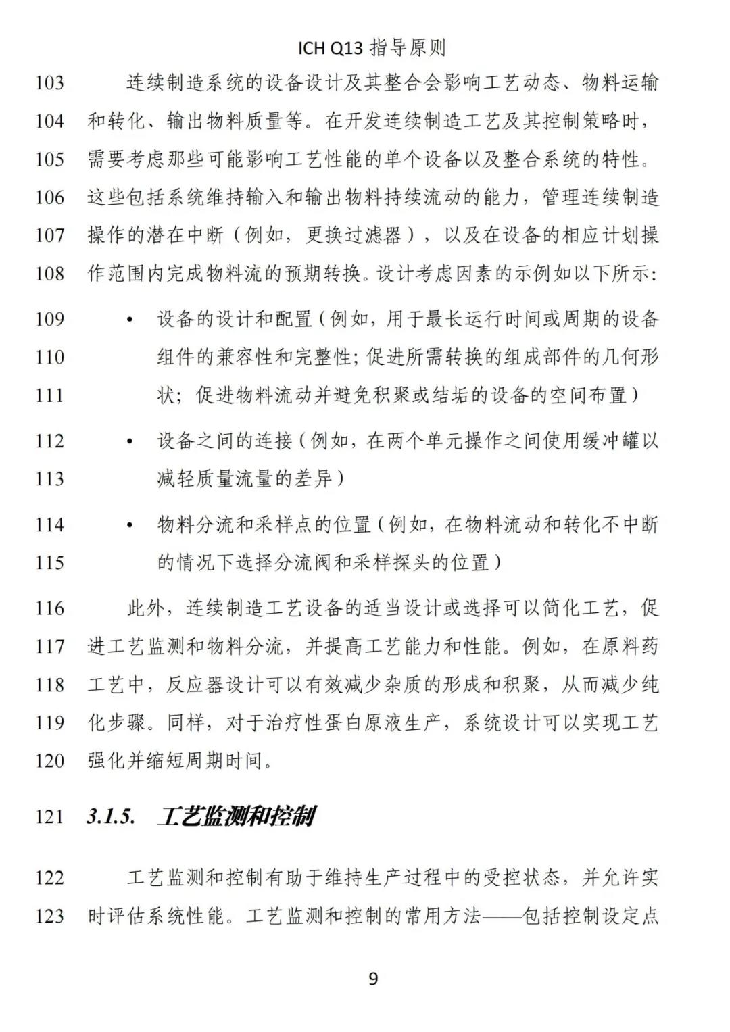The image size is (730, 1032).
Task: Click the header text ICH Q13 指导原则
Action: pyautogui.click(x=372, y=48)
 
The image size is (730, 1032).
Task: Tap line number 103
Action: pyautogui.click(x=49, y=83)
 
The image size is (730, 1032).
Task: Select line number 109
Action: pyautogui.click(x=49, y=319)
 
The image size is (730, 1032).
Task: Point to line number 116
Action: pyautogui.click(x=49, y=608)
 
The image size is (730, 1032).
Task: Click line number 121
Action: pyautogui.click(x=49, y=816)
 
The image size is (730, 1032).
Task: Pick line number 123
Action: pyautogui.click(x=49, y=916)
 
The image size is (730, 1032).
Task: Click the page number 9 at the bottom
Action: pyautogui.click(x=372, y=978)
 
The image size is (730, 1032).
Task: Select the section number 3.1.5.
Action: pyautogui.click(x=111, y=816)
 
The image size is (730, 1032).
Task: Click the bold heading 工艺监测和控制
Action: pyautogui.click(x=237, y=816)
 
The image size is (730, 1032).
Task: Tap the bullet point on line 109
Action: pyautogui.click(x=130, y=320)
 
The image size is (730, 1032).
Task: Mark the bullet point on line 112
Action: pyautogui.click(x=130, y=441)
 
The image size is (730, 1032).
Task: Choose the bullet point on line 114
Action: pyautogui.click(x=130, y=525)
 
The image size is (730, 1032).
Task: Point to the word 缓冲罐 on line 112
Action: pyautogui.click(x=601, y=441)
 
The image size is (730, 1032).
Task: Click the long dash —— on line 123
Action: pyautogui.click(x=500, y=916)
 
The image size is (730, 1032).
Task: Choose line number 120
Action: pyautogui.click(x=49, y=761)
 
